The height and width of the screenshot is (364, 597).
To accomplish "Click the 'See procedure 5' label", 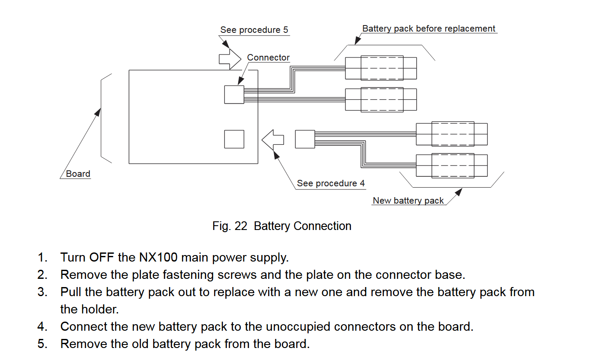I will (254, 30).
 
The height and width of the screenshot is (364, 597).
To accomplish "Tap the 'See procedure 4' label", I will (331, 183).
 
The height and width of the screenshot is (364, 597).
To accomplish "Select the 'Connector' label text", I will (268, 57).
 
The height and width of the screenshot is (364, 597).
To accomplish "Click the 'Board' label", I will (78, 174).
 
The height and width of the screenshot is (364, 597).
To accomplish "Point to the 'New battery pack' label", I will (408, 201).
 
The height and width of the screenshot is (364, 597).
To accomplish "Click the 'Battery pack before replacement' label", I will (428, 29).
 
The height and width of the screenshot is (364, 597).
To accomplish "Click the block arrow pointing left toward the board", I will (273, 140).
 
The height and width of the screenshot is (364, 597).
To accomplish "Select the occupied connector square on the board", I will (234, 94).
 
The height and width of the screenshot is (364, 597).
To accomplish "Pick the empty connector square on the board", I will (234, 139).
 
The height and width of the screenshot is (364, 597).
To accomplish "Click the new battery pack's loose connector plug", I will (305, 139).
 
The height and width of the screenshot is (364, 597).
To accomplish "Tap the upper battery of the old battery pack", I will (381, 68).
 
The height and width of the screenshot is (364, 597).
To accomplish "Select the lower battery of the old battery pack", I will (381, 100).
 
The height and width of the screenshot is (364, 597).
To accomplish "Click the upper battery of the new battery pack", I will (452, 134).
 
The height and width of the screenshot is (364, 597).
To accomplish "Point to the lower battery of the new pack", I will (452, 166).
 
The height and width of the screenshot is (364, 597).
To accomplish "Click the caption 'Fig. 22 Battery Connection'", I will (282, 226).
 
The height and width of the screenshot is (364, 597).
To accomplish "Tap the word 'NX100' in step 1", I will (158, 258).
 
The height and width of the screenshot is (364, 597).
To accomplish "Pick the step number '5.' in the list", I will (42, 344).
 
